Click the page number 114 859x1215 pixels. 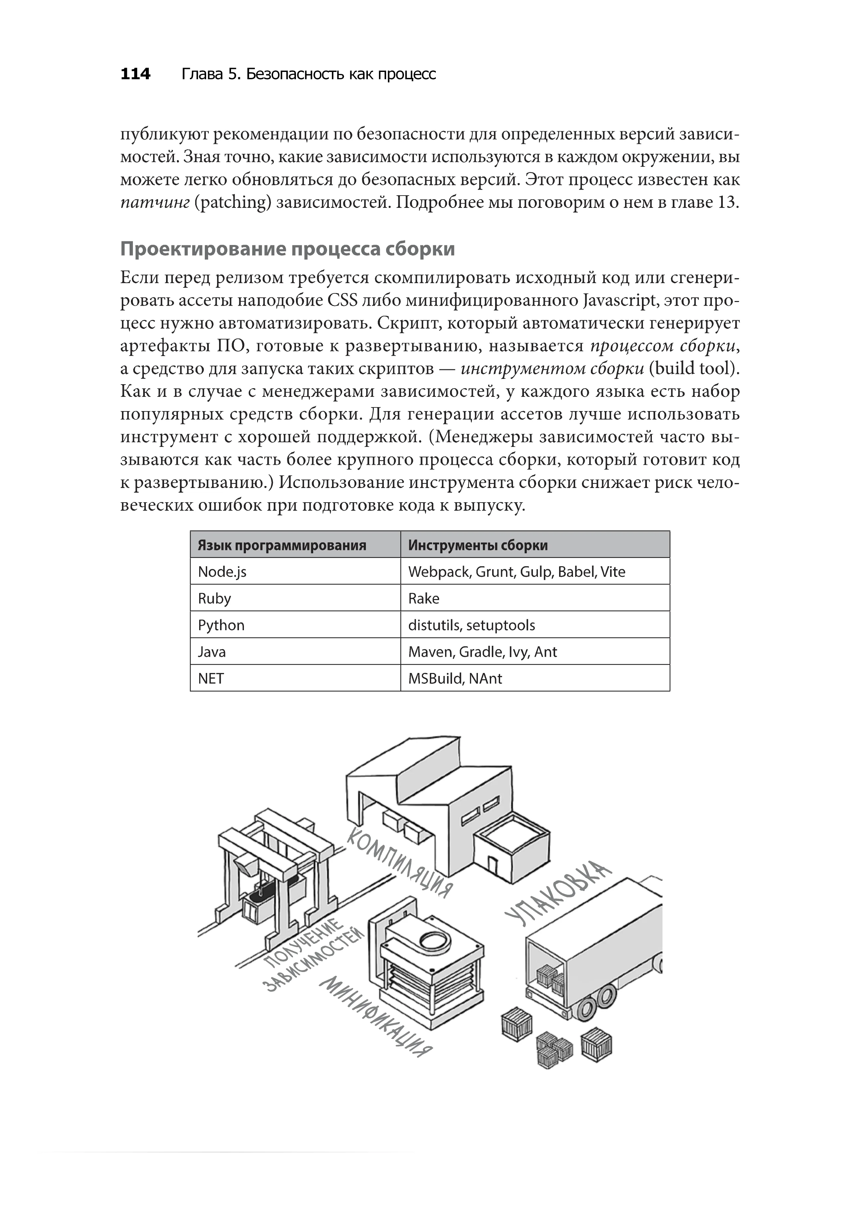point(136,74)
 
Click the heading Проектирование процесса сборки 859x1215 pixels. point(287,249)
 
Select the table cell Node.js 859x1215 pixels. point(222,572)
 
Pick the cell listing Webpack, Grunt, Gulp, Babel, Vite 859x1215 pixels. point(516,572)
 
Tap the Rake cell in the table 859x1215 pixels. point(424,598)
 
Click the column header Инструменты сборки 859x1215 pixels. point(478,545)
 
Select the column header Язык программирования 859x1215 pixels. point(282,545)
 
